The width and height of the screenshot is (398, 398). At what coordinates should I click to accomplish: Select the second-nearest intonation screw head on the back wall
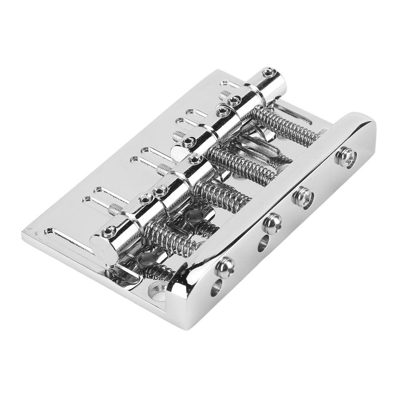[272, 223]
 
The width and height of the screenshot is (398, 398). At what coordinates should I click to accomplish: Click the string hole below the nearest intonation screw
[215, 287]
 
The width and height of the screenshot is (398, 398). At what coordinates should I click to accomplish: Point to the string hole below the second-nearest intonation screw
[263, 243]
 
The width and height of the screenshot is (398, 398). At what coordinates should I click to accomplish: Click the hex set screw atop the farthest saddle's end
[269, 73]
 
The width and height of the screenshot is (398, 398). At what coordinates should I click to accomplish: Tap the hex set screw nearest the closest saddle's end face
[108, 231]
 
